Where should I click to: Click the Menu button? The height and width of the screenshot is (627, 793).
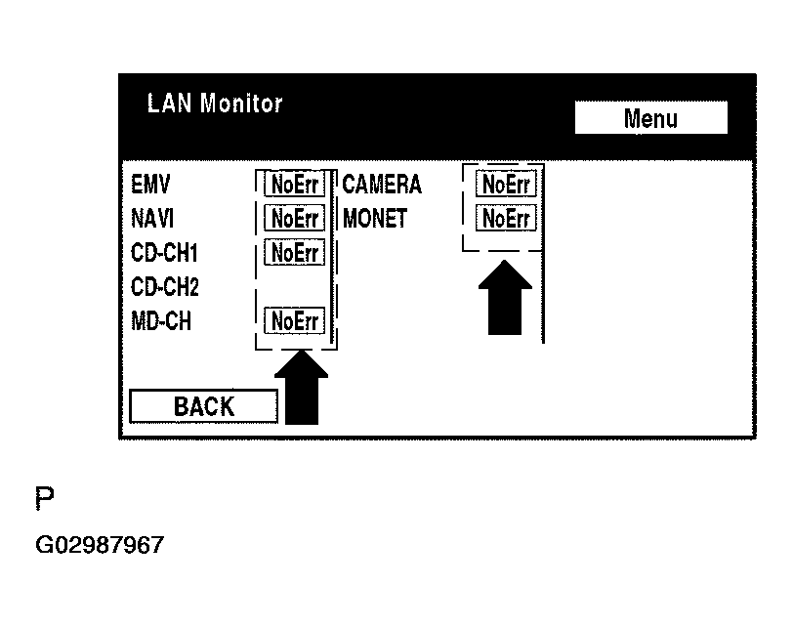click(650, 119)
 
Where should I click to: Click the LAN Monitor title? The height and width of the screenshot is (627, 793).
click(215, 104)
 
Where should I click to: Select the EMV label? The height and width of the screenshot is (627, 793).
click(150, 185)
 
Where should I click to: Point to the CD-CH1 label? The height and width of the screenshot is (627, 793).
click(164, 253)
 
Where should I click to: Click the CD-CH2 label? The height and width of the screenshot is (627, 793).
click(165, 287)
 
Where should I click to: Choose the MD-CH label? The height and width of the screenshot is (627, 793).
click(161, 320)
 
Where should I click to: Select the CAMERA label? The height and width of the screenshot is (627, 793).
click(382, 185)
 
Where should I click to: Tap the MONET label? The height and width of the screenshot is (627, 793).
click(375, 218)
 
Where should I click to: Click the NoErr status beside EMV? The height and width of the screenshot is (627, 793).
click(295, 185)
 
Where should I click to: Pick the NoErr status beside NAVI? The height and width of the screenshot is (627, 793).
click(295, 218)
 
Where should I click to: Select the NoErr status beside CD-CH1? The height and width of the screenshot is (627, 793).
click(295, 253)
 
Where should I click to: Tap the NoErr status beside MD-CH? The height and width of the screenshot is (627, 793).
click(295, 320)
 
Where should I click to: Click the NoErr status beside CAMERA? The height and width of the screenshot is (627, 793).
click(506, 184)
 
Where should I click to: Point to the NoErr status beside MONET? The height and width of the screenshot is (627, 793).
click(506, 218)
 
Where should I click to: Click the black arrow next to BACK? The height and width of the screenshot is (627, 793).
click(302, 389)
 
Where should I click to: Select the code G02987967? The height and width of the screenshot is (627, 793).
click(100, 545)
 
